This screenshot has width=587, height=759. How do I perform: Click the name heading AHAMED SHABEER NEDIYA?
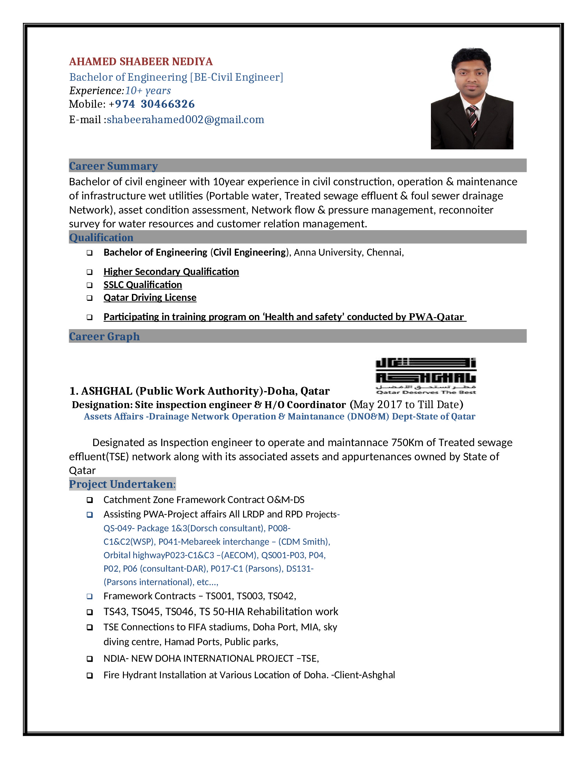(141, 61)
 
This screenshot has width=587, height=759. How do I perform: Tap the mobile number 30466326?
(167, 104)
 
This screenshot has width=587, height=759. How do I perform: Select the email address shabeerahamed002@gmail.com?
(185, 120)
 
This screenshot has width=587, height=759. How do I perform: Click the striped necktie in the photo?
(473, 120)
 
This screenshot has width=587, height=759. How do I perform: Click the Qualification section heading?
(101, 237)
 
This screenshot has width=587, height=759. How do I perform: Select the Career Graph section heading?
(104, 336)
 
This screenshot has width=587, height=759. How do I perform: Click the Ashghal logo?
(426, 376)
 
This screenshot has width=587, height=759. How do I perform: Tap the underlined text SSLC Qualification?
(143, 285)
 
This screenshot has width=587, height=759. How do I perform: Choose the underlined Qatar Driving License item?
(150, 297)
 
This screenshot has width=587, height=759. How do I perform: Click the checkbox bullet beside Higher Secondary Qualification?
(90, 272)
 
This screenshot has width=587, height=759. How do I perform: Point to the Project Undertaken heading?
(121, 484)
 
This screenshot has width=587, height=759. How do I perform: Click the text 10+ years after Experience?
(148, 91)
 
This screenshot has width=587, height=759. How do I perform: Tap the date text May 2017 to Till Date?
(406, 405)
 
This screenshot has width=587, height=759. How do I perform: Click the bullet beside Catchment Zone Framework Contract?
(90, 500)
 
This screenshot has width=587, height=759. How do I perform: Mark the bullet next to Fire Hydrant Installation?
(90, 675)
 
